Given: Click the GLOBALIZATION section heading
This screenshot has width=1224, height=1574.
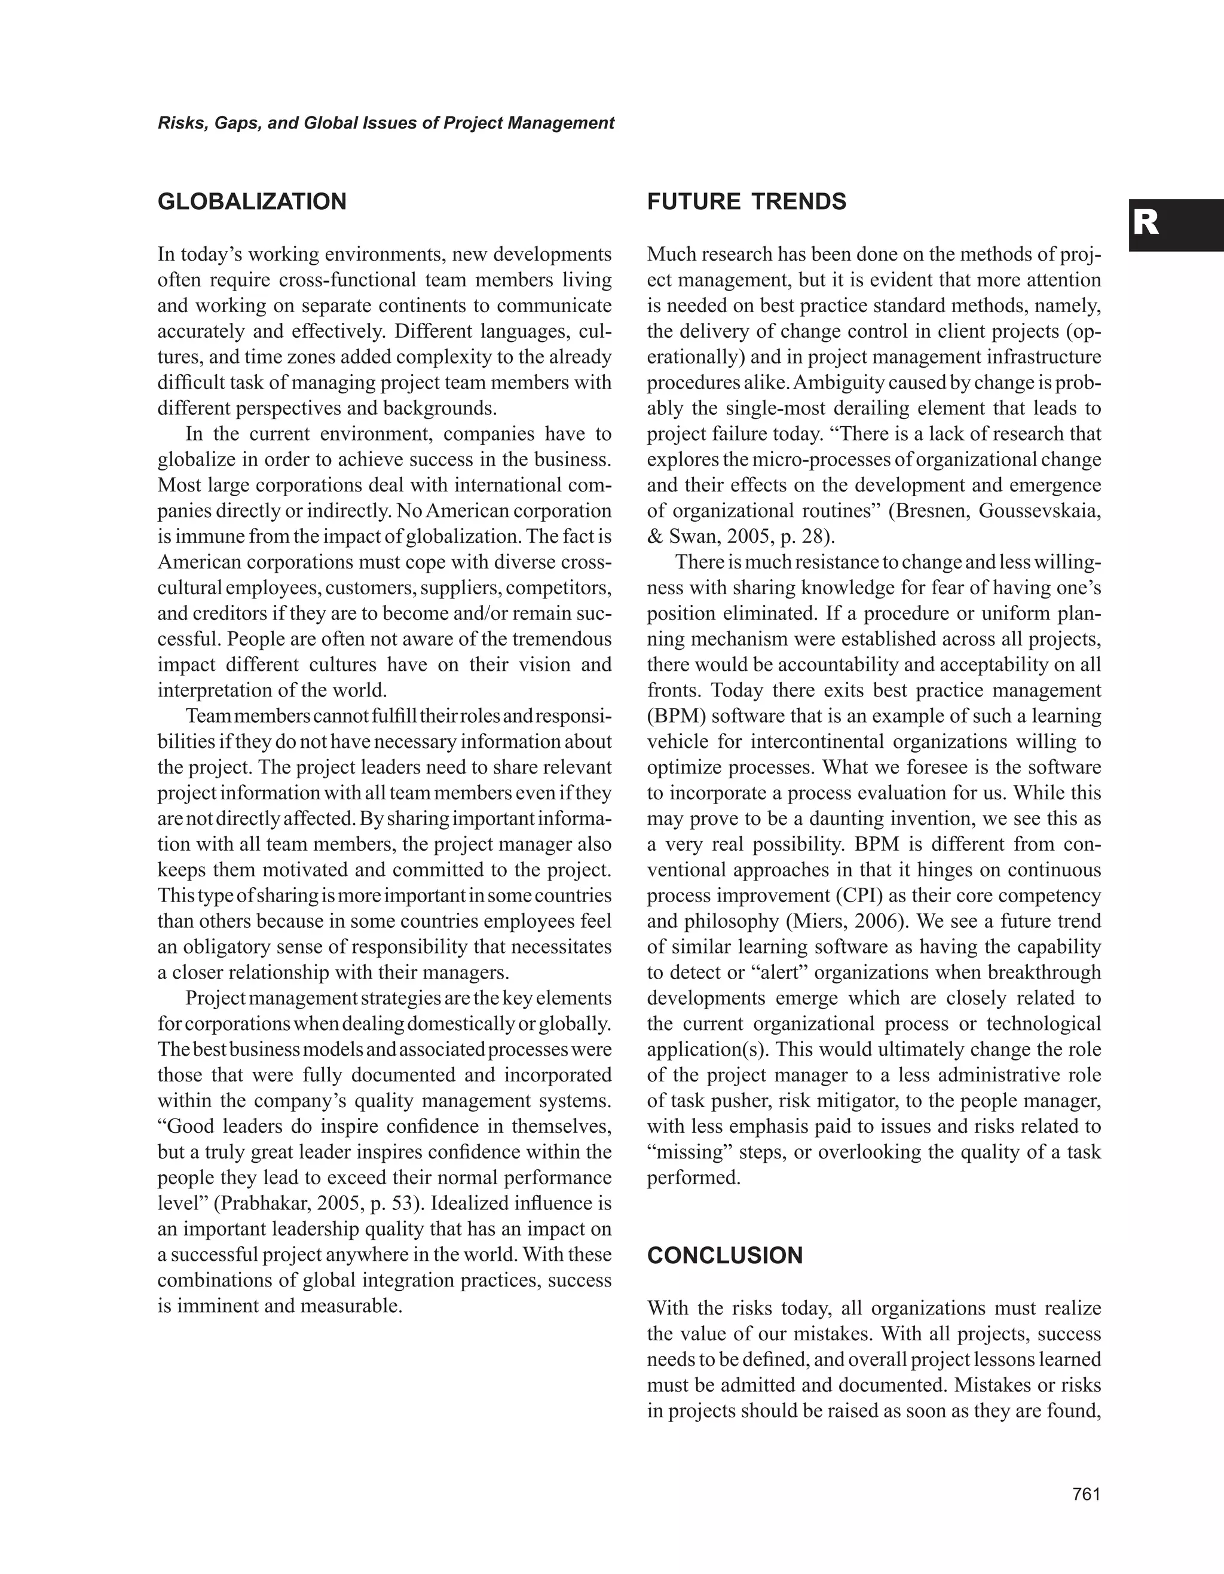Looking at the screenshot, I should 252,202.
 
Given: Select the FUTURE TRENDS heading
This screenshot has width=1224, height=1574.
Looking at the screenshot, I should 746,202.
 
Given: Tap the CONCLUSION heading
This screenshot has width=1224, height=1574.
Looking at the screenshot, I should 725,1255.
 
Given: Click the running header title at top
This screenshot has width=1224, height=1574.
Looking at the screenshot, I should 385,123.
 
